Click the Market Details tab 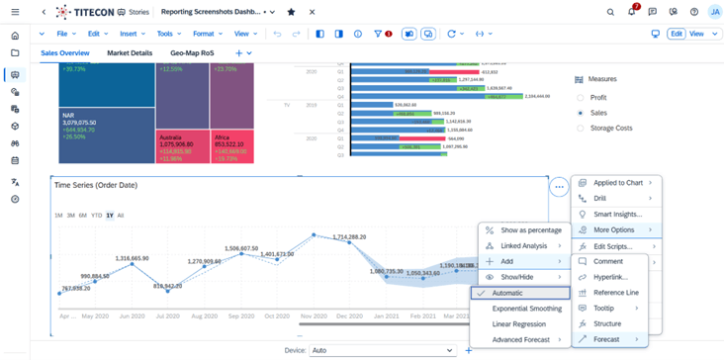[130, 53]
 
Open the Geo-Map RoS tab [192, 53]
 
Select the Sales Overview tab [64, 53]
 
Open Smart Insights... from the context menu [617, 214]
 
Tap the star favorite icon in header [290, 12]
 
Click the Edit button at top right [677, 34]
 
